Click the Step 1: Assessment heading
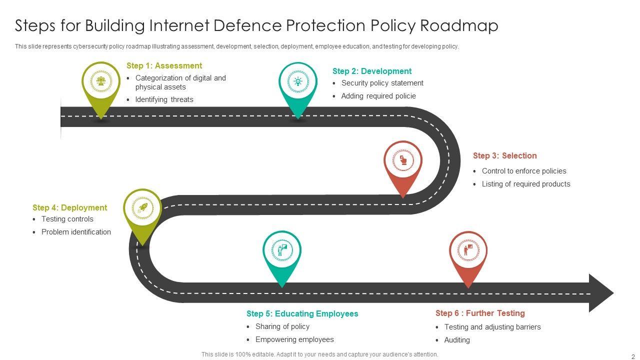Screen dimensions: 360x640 click(x=164, y=65)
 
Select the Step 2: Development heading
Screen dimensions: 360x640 click(x=371, y=71)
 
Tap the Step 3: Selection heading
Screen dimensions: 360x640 click(x=504, y=155)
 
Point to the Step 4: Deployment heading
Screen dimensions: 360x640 click(x=69, y=207)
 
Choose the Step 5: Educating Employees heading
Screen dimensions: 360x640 click(x=302, y=313)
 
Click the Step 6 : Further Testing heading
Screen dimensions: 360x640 click(x=480, y=313)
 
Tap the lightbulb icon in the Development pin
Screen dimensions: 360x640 click(x=298, y=81)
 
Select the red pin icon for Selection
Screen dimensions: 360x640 click(x=403, y=160)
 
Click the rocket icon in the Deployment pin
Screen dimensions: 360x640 click(x=142, y=208)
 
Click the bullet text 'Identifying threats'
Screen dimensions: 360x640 click(x=164, y=99)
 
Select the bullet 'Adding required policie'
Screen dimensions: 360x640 click(x=378, y=96)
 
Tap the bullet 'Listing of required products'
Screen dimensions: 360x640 click(x=526, y=184)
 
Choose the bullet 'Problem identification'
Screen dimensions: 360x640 click(x=76, y=232)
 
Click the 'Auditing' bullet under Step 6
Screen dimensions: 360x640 click(x=457, y=340)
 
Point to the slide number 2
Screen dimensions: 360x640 click(x=633, y=356)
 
